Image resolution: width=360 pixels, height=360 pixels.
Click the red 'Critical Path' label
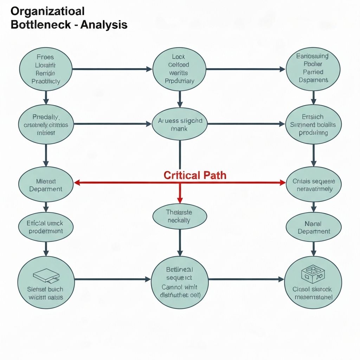point(195,175)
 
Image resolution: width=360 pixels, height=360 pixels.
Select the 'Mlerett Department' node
point(45,185)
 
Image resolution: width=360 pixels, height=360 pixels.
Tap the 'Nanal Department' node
point(314,227)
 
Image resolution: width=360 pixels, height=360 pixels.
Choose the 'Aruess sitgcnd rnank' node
point(180,124)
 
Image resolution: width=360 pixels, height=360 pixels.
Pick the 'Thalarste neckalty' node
point(180,216)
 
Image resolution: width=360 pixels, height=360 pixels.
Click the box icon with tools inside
point(312,274)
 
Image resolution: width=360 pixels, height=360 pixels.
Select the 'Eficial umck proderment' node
point(45,227)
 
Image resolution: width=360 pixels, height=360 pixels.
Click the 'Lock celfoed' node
point(179,69)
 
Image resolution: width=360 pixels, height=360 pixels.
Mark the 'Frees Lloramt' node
point(45,69)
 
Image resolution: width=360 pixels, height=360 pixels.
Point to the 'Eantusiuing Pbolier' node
point(313,68)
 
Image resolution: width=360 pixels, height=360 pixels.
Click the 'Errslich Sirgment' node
point(313,124)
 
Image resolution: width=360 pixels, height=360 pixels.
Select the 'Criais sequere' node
point(314,185)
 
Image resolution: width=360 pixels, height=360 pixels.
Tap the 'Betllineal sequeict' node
point(179,282)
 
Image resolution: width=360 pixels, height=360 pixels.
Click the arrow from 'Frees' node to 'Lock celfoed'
point(112,69)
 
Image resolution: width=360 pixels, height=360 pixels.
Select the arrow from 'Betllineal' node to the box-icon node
point(246,279)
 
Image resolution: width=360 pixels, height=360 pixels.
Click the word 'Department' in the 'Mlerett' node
point(46,189)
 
